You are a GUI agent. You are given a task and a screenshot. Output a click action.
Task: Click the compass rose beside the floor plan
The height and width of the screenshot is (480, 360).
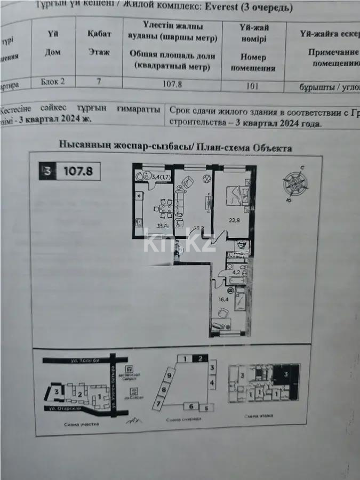click(295, 183)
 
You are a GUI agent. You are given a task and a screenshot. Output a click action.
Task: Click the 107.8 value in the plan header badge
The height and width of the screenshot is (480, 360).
click(78, 171)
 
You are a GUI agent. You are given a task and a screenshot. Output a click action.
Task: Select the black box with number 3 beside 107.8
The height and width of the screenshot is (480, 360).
click(48, 171)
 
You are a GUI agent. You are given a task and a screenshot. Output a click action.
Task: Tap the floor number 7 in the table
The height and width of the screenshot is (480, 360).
click(99, 82)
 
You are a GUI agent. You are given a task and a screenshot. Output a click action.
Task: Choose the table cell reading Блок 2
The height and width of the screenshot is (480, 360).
click(53, 82)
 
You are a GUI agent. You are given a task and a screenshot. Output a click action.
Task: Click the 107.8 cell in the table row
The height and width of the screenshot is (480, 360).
click(172, 83)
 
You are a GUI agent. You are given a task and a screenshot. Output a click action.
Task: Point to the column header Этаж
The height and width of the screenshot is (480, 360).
click(99, 52)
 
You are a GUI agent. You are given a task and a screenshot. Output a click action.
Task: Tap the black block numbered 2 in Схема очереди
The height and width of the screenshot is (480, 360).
click(200, 359)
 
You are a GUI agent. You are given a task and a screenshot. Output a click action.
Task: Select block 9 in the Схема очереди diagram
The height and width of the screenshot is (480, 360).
click(169, 375)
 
